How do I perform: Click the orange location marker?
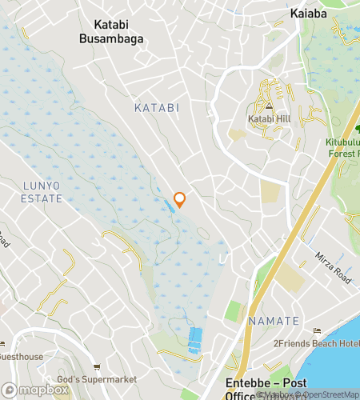click(x=180, y=200)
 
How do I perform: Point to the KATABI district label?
click(x=156, y=106)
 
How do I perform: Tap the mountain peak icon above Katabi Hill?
click(x=270, y=106)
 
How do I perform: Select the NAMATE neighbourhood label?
click(x=274, y=321)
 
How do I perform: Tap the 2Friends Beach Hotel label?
click(x=318, y=343)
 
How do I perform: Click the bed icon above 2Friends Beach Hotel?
click(x=318, y=330)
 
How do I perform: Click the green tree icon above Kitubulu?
click(x=357, y=129)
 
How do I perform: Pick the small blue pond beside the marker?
click(x=171, y=206)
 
